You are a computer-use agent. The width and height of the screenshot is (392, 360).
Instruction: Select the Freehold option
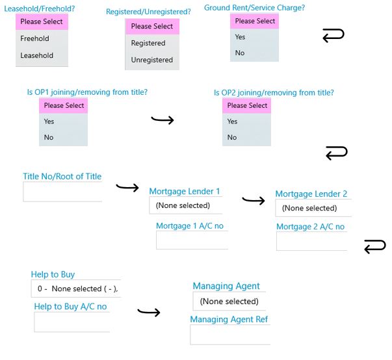click(34, 38)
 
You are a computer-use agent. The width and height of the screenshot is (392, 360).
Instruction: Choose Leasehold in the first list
click(37, 55)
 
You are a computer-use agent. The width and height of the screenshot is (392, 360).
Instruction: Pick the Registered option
click(148, 43)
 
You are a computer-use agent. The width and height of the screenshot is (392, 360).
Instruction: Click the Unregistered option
click(152, 60)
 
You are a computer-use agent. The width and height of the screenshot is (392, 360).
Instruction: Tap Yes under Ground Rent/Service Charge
click(240, 37)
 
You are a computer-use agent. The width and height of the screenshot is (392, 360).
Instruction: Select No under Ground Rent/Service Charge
click(240, 53)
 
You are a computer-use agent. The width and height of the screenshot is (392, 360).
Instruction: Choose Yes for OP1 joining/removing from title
click(49, 122)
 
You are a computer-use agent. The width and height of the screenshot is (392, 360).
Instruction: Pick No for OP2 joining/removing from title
click(232, 137)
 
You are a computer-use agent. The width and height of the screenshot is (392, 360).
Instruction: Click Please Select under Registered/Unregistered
click(152, 26)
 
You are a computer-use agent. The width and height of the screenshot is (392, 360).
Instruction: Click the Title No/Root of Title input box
click(62, 192)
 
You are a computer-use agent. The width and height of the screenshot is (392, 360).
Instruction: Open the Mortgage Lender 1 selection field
click(186, 205)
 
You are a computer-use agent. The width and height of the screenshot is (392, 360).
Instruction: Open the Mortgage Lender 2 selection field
click(313, 208)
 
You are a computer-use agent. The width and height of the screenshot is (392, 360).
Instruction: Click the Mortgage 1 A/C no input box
click(192, 240)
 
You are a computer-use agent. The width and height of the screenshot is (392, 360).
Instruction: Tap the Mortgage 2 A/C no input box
click(312, 241)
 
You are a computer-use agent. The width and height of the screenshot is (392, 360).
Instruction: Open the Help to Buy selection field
click(76, 289)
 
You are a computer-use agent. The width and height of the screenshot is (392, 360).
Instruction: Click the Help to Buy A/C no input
click(72, 322)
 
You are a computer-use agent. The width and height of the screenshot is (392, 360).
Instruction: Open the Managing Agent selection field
click(229, 301)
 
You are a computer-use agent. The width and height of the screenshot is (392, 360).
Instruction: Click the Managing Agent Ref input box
click(230, 335)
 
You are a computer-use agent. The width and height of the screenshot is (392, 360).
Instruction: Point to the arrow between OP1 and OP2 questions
click(163, 120)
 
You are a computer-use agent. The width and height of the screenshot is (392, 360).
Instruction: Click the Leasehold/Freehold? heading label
click(40, 8)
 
